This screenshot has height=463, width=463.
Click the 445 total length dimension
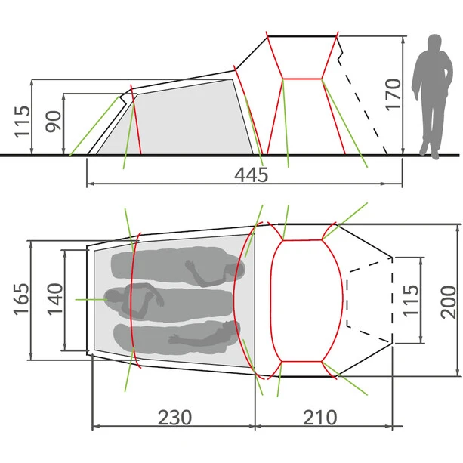coord(252,174)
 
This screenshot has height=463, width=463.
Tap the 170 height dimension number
coord(394,94)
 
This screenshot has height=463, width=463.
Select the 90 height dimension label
coord(53,121)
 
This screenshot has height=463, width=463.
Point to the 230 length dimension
coord(174,417)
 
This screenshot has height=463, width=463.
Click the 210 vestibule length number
coord(320,417)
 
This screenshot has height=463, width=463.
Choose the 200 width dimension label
coord(448,302)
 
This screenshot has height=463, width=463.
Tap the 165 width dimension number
coord(22,299)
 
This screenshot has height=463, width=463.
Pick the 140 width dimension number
coord(55,299)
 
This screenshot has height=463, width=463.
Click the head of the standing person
coord(434,42)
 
